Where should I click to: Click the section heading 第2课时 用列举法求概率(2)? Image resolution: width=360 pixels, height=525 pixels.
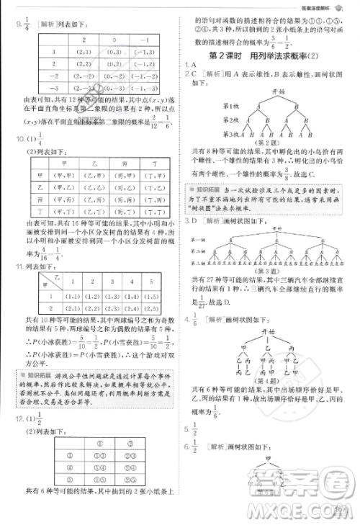[x=269, y=55]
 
